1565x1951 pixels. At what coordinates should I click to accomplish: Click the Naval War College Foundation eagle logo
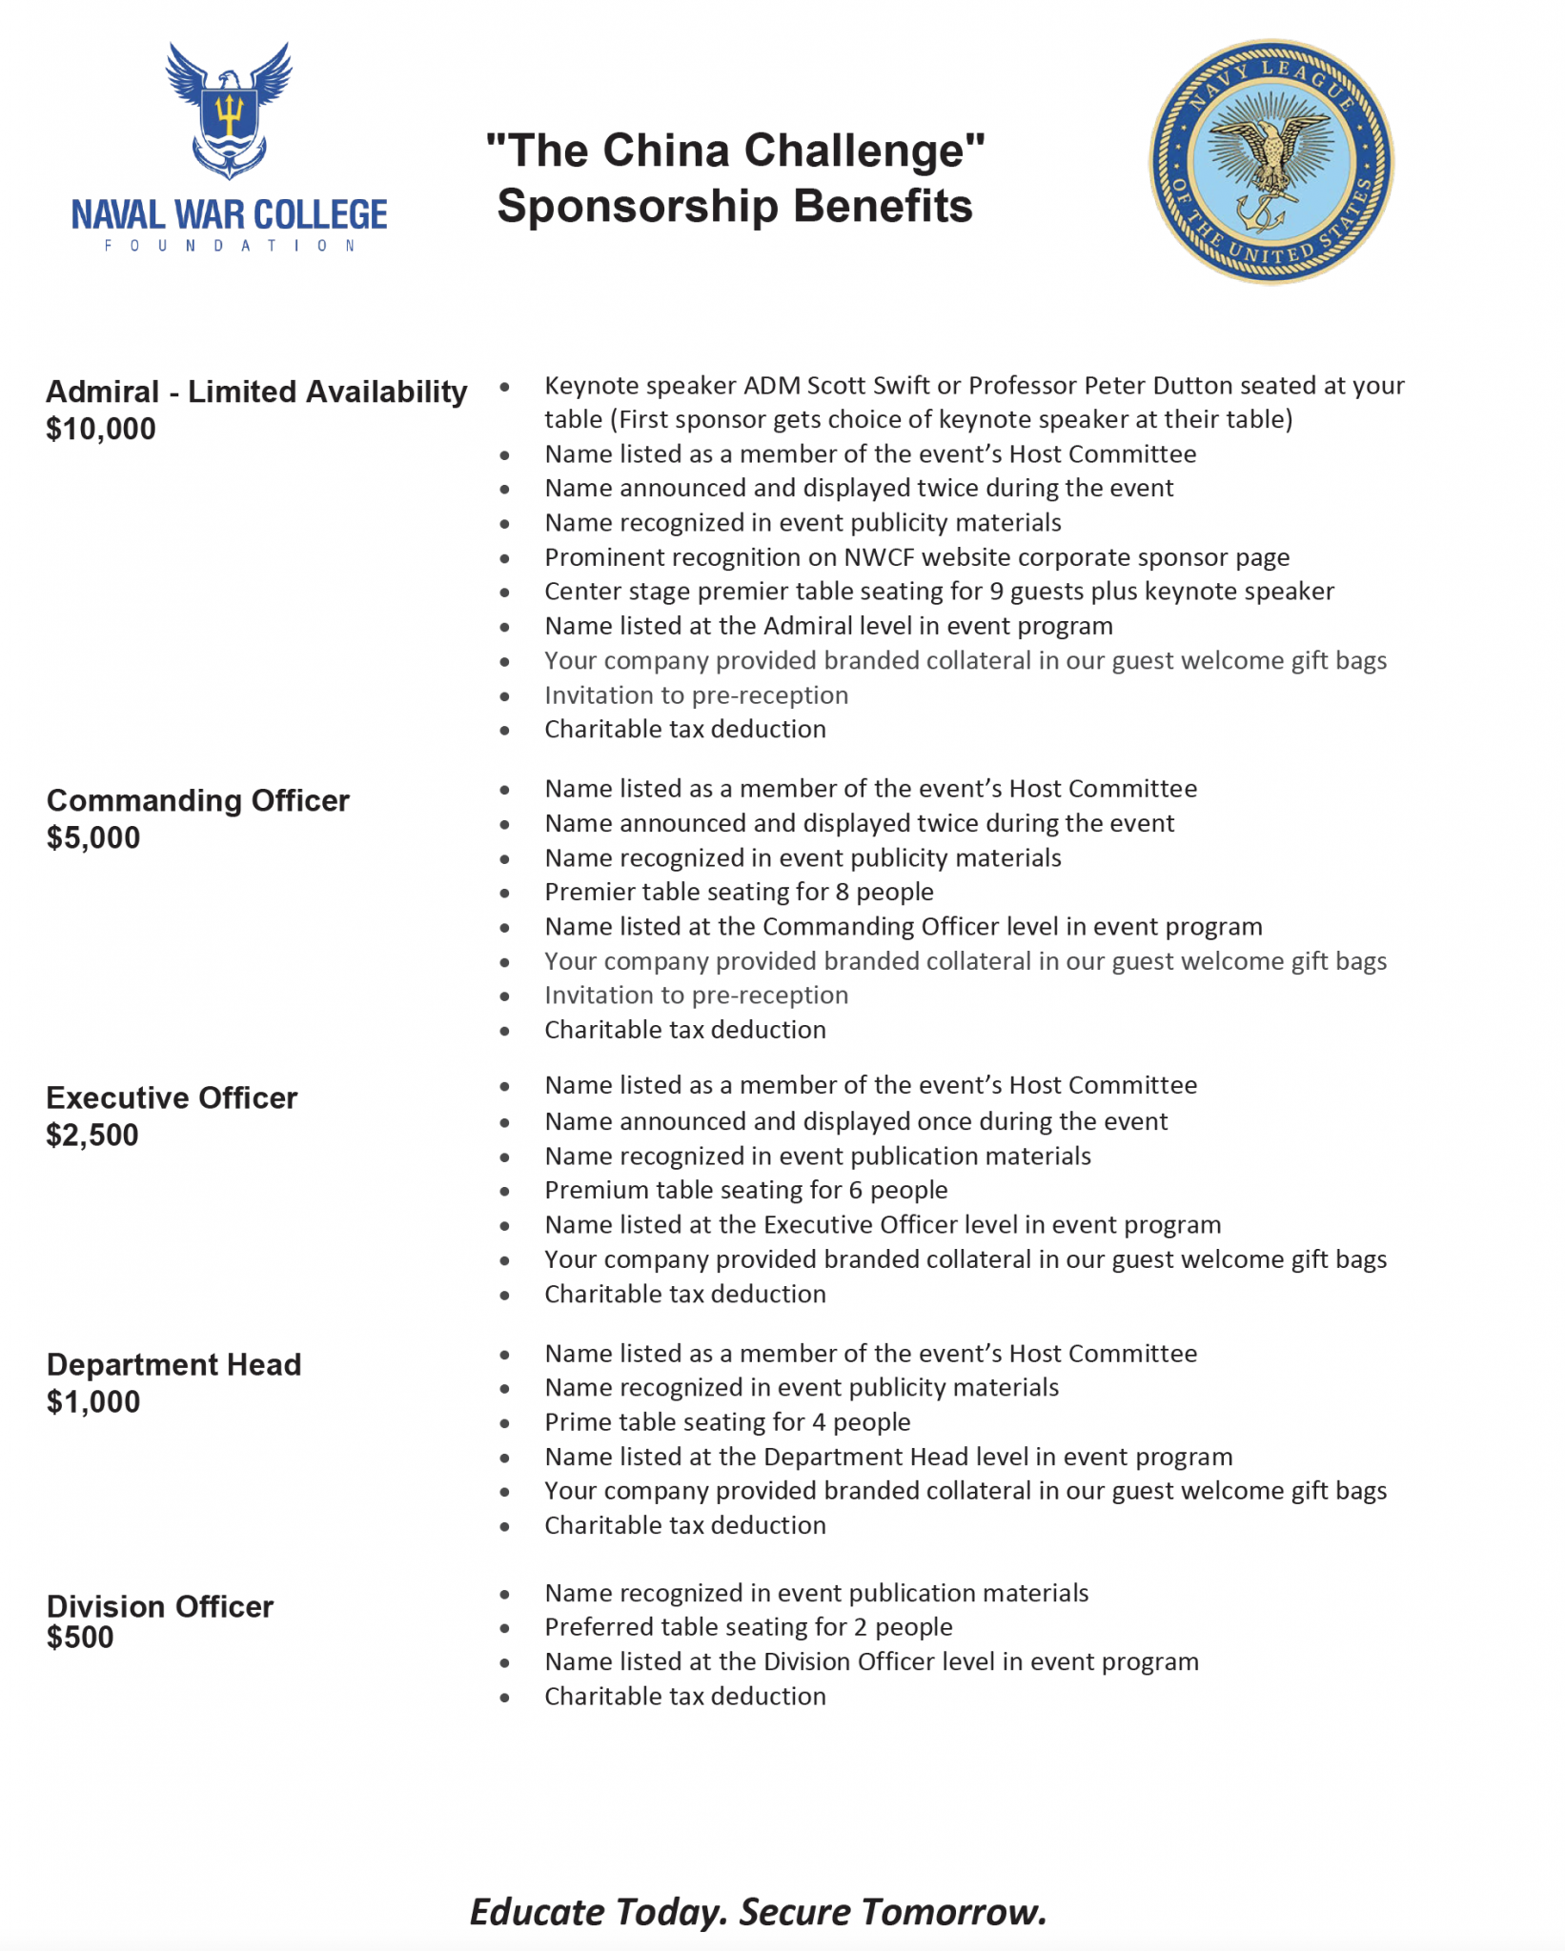click(x=229, y=110)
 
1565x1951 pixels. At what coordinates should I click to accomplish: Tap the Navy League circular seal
click(x=1270, y=161)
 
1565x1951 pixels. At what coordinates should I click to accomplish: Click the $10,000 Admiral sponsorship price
click(x=101, y=430)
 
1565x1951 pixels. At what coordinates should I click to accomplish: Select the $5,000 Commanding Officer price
click(x=93, y=838)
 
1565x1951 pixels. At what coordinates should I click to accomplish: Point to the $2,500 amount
click(x=92, y=1136)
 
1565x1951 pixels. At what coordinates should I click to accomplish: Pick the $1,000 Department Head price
click(x=93, y=1402)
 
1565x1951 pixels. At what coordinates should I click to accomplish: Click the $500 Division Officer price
click(x=80, y=1638)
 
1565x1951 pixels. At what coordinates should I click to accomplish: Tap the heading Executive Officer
click(x=172, y=1098)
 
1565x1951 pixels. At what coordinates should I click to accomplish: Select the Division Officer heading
click(x=160, y=1606)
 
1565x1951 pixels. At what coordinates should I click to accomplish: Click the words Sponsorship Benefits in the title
click(x=735, y=206)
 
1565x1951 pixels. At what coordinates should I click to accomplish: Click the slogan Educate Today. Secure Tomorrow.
click(x=759, y=1912)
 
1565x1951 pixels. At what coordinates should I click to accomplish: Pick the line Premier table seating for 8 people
click(x=739, y=892)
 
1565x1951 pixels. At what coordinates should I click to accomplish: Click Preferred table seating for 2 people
click(x=748, y=1627)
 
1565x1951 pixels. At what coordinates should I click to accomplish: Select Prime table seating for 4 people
click(x=727, y=1422)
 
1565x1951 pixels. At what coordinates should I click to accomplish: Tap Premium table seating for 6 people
click(x=745, y=1190)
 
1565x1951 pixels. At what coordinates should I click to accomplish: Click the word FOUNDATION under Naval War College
click(x=230, y=246)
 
